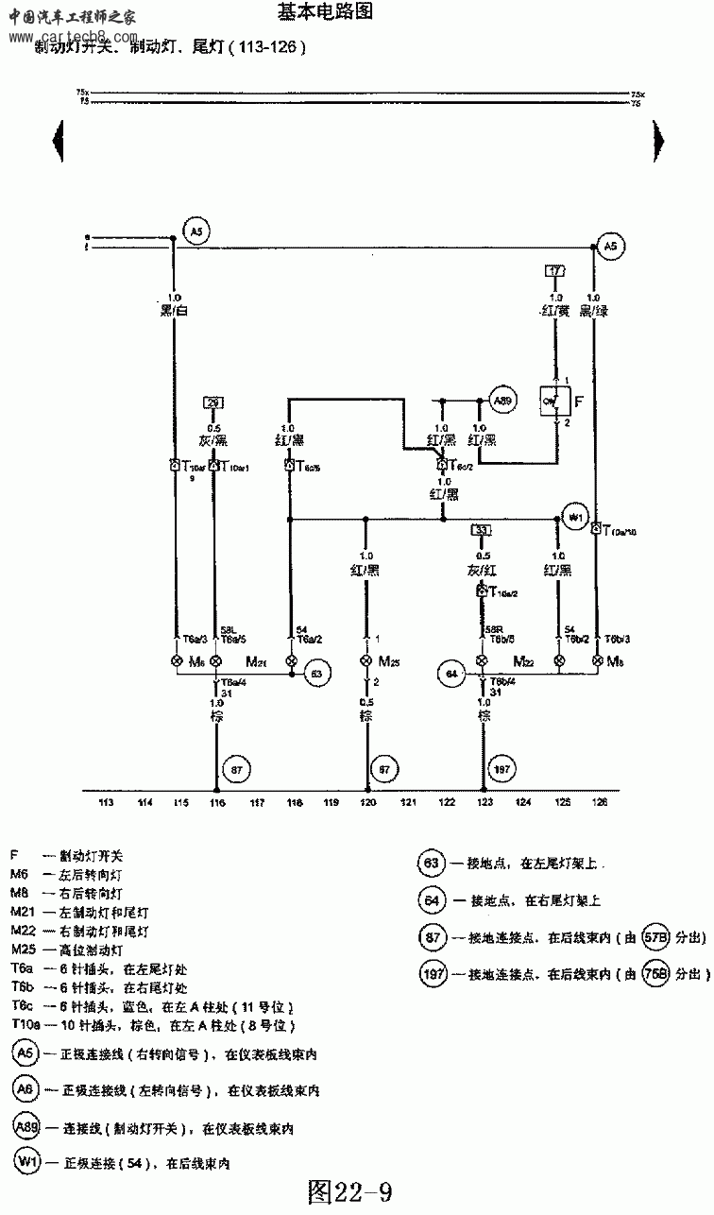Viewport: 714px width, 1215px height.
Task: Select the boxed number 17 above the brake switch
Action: point(556,271)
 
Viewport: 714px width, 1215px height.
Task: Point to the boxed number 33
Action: point(482,530)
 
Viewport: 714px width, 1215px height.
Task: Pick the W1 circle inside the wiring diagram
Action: point(574,517)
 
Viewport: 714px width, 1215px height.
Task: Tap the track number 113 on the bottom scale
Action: point(106,803)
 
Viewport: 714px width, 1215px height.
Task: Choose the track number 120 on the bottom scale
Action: point(367,803)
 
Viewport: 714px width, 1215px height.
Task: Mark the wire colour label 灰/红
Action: point(482,570)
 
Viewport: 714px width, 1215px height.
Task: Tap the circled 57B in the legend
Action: point(654,938)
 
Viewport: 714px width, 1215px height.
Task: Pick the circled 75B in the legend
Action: point(654,973)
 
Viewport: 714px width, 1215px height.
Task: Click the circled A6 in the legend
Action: point(25,1089)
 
